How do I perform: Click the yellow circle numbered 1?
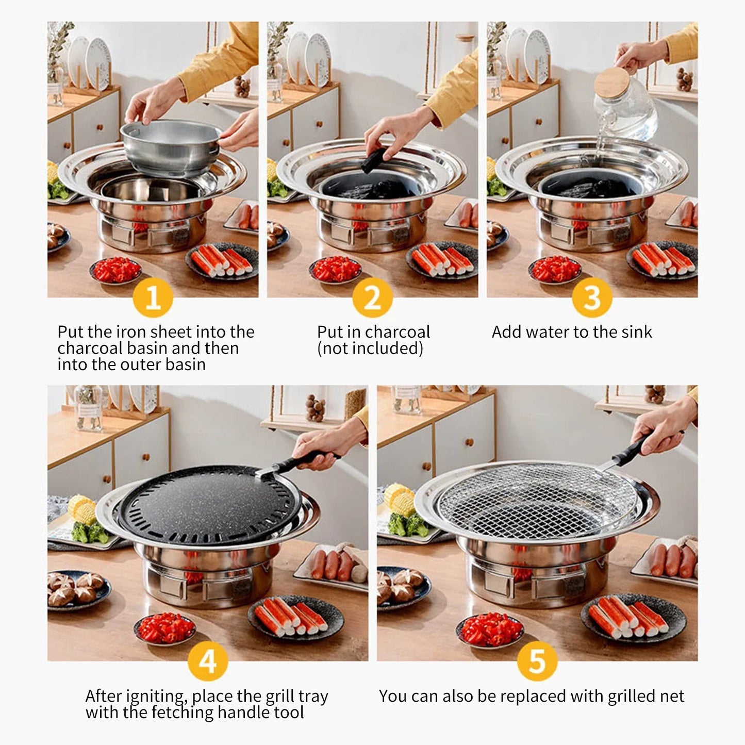pos(153,297)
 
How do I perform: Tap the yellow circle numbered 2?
pos(372,297)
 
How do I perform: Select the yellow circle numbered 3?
pos(592,297)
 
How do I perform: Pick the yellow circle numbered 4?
pos(208,661)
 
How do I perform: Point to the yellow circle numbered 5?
pos(537,661)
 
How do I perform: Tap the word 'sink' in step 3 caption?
pos(637,332)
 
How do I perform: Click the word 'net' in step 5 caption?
pos(672,697)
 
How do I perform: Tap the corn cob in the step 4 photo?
pos(81,508)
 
